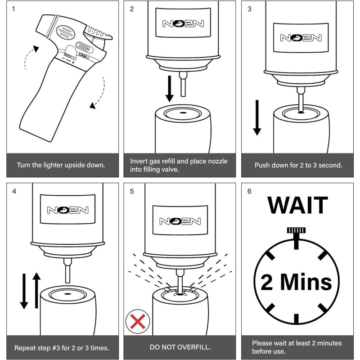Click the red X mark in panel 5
coord(138,321)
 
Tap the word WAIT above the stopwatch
coord(298,205)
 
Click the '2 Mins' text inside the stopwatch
coord(297,282)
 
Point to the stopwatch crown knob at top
coord(296,230)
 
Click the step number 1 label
coord(13,9)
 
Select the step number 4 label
coord(14,191)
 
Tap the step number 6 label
coord(250,191)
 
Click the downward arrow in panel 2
coord(170,89)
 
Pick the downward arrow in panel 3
coord(257,117)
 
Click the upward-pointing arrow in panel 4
coord(36,290)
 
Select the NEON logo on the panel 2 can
coord(183,23)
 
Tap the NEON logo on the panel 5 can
coord(180,221)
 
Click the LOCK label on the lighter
coord(83,55)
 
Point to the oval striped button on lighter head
coord(65,32)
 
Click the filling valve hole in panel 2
coord(183,113)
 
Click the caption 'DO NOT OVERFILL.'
coord(180,347)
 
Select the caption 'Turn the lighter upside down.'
coord(61,165)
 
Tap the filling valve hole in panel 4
coord(67,294)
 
